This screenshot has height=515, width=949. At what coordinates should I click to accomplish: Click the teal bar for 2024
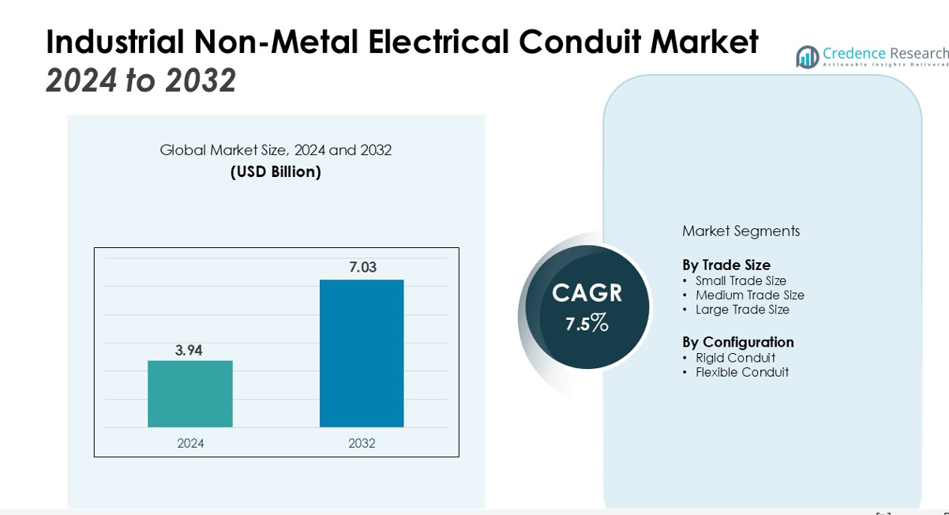tap(190, 393)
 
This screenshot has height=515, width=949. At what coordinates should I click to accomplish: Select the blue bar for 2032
tap(362, 353)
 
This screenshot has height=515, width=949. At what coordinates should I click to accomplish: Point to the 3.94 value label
tap(189, 350)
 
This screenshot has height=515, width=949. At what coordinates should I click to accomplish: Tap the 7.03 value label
tap(363, 268)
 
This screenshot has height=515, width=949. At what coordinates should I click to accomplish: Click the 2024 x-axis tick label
tap(190, 443)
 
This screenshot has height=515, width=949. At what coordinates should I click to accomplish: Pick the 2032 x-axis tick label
tap(362, 443)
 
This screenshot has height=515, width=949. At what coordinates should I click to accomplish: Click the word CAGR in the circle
tap(587, 293)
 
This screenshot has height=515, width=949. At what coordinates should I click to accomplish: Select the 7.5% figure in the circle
tap(587, 322)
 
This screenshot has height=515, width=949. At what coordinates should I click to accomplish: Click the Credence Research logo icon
tap(807, 57)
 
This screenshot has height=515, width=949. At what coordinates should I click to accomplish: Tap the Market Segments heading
tap(741, 231)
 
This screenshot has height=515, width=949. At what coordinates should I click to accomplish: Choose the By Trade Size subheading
tap(726, 265)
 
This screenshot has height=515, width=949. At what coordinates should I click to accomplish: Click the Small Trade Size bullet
tap(741, 280)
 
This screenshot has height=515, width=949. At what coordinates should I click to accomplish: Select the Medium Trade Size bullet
tap(749, 295)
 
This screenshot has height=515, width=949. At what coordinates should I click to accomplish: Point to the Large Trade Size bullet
tap(742, 310)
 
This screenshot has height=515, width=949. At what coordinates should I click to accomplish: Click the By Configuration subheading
tap(738, 342)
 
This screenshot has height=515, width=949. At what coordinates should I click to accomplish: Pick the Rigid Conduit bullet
tap(735, 358)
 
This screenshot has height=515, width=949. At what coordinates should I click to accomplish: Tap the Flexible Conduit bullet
tap(741, 372)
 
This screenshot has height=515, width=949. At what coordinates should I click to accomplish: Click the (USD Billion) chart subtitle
tap(276, 171)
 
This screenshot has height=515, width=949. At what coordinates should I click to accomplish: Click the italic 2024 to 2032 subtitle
tap(141, 81)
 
